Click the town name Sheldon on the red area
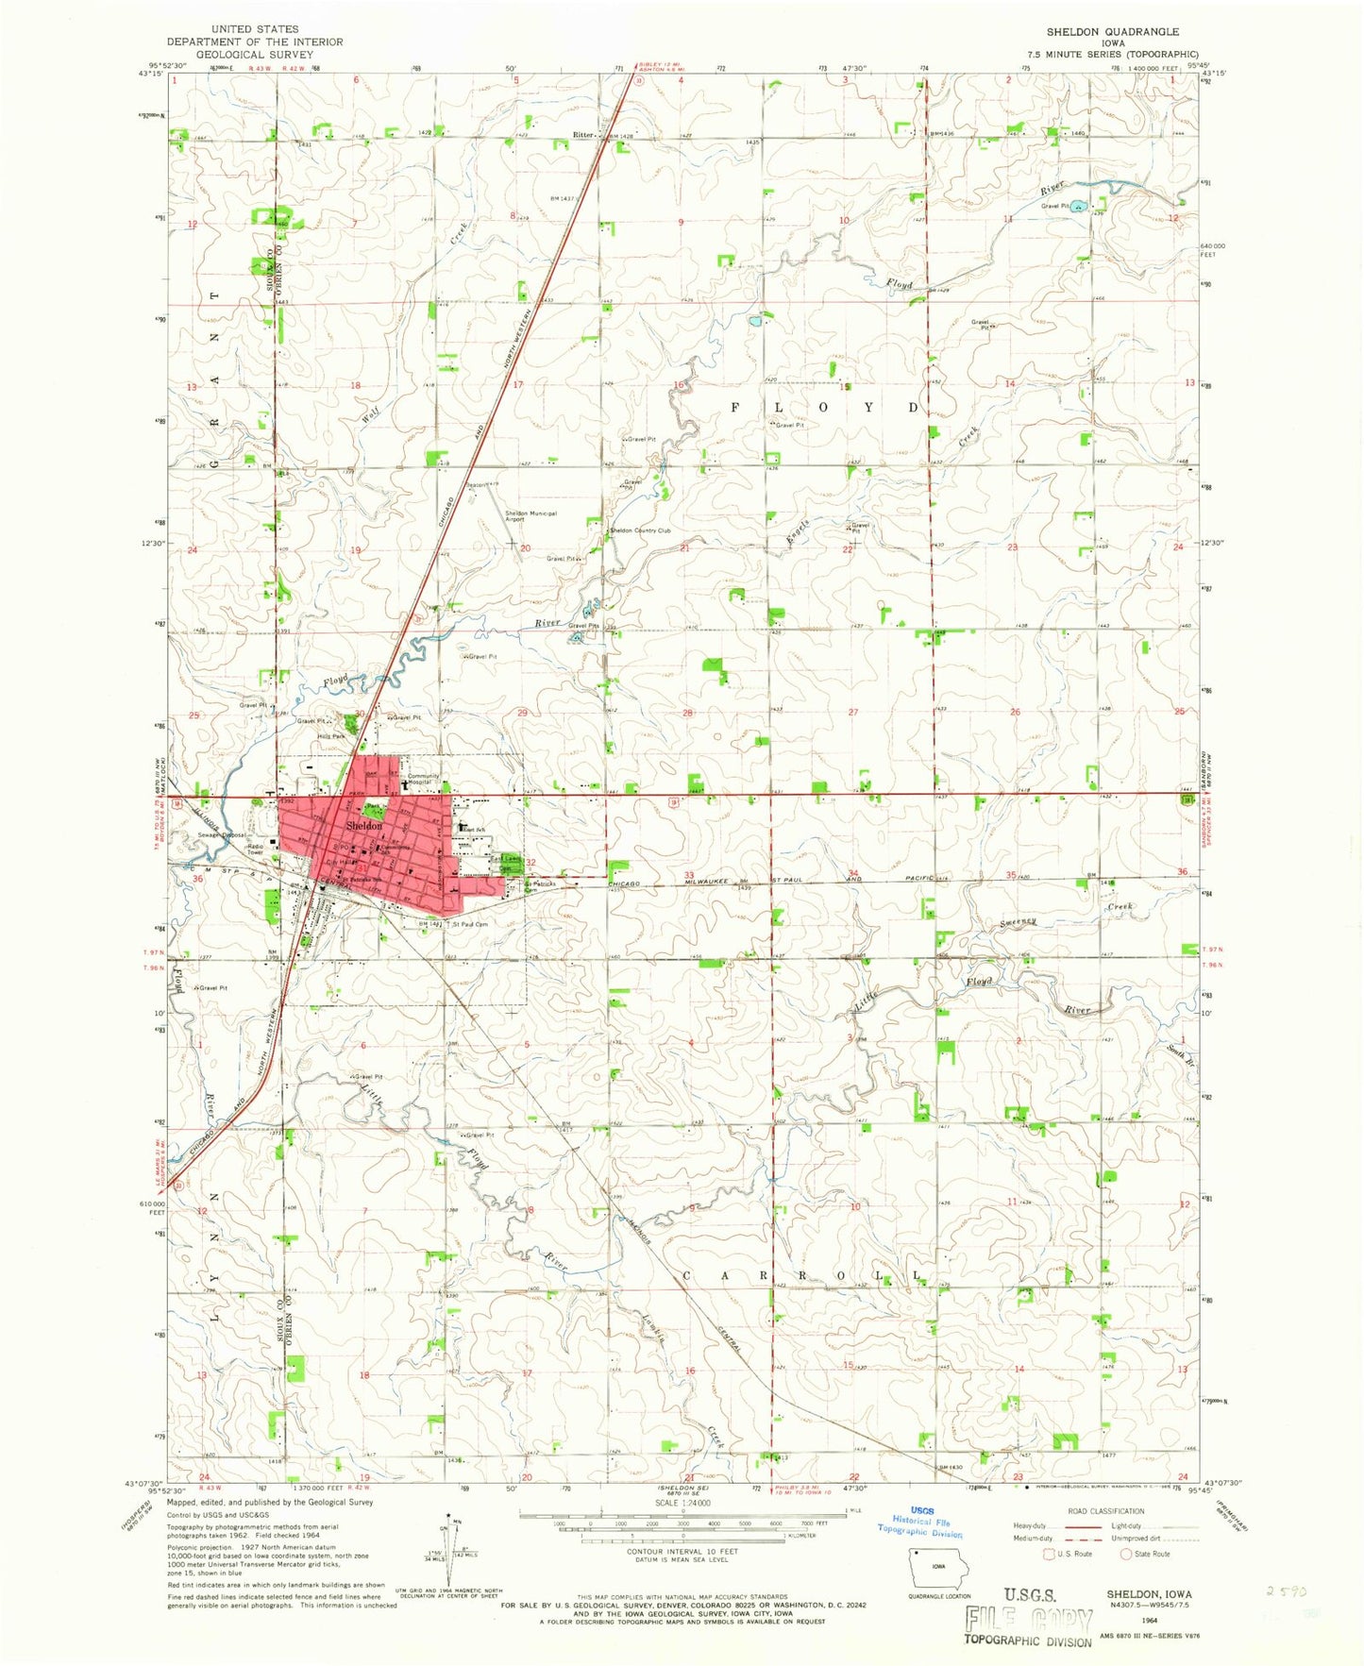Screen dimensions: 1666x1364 point(364,825)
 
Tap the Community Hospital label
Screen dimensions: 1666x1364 point(424,779)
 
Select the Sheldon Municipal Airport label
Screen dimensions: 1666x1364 point(530,516)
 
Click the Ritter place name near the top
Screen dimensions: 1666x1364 point(582,135)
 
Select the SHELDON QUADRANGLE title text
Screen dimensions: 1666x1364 point(1112,31)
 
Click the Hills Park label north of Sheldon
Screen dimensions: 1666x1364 point(330,736)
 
